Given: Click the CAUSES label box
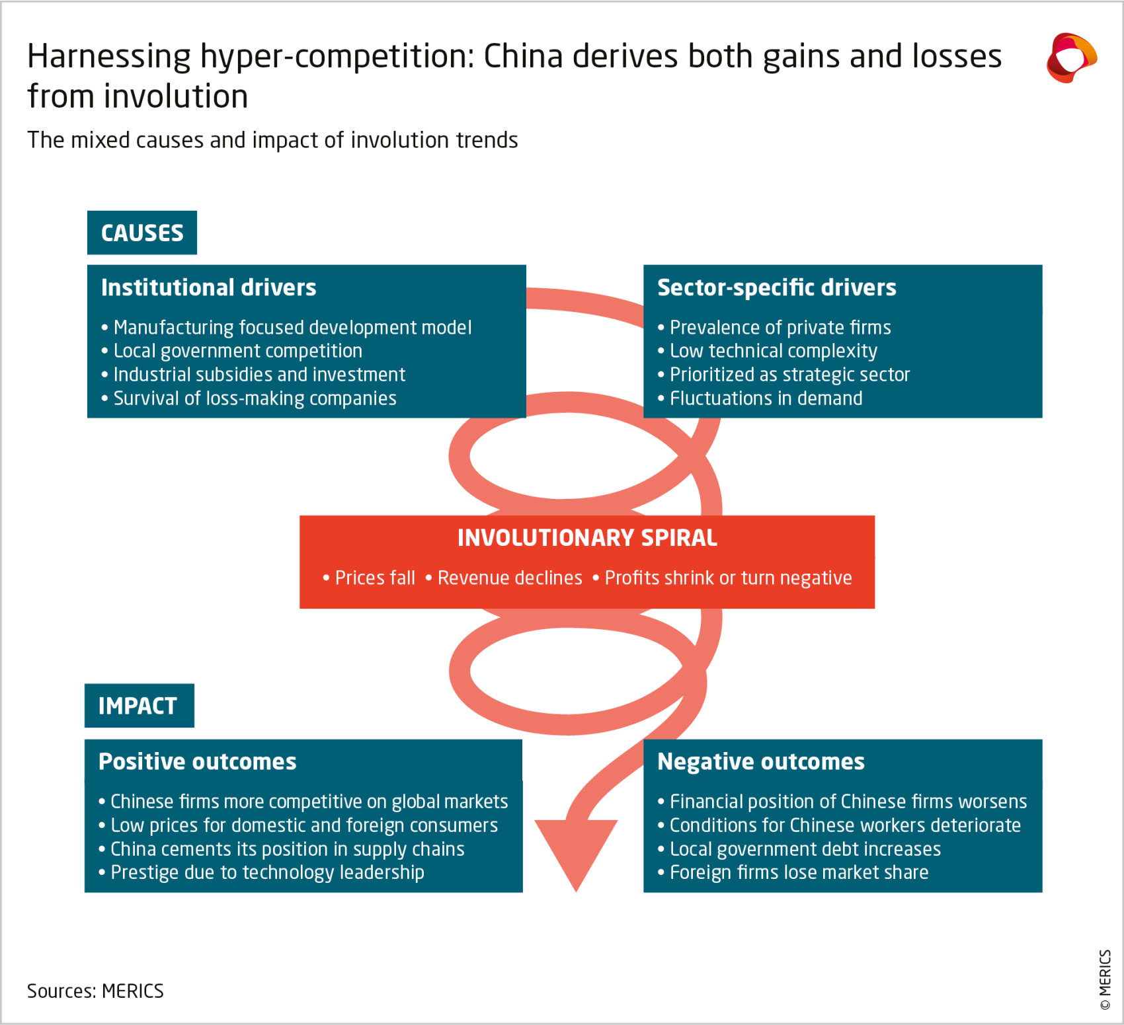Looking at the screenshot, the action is (142, 233).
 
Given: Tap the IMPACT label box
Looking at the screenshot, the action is (140, 706).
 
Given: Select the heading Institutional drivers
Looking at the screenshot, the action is (209, 287).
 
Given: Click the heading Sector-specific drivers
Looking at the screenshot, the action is (777, 288).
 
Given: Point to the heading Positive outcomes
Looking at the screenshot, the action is (198, 761).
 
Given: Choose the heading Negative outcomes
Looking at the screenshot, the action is (761, 761).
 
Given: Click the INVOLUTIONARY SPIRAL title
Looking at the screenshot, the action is (587, 538).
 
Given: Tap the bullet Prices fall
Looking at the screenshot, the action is (369, 578).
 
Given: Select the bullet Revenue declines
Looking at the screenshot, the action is (504, 578).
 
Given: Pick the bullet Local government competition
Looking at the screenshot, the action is (231, 351).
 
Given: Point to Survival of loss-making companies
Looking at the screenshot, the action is (249, 399).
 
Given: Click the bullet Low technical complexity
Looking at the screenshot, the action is (768, 351).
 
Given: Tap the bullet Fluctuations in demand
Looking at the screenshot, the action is (760, 399).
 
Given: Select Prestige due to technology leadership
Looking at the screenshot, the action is (261, 872).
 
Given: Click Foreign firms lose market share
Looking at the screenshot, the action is (793, 872).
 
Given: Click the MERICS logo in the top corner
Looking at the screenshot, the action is (1072, 57).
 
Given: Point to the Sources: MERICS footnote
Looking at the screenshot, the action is (95, 991).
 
